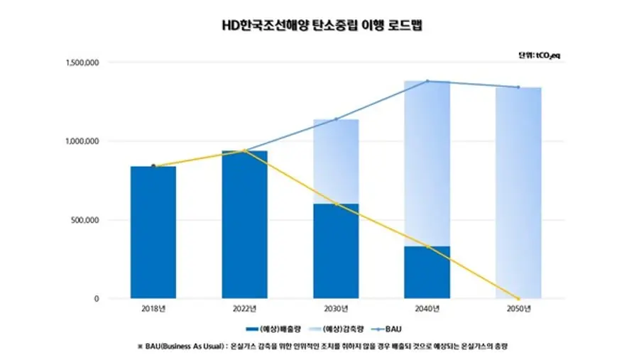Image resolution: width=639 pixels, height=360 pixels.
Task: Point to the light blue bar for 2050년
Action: [518, 192]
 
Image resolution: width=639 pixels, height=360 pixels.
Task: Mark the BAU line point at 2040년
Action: [427, 81]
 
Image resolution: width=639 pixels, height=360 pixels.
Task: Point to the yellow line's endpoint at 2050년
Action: [518, 298]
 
